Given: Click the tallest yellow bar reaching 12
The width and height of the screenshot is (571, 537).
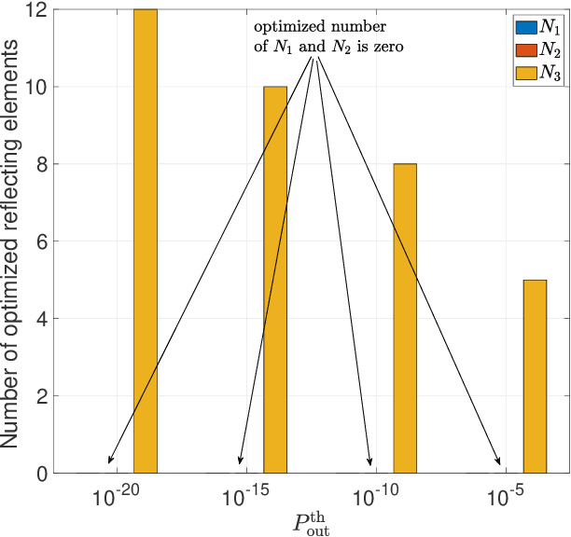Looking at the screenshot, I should click(146, 241).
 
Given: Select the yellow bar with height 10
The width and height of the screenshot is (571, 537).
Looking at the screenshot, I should click(275, 280).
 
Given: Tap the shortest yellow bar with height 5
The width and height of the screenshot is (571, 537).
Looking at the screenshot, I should click(535, 377).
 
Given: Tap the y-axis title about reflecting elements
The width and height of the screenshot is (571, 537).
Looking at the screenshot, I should click(13, 241).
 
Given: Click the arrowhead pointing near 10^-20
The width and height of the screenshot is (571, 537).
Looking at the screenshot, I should click(110, 460).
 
